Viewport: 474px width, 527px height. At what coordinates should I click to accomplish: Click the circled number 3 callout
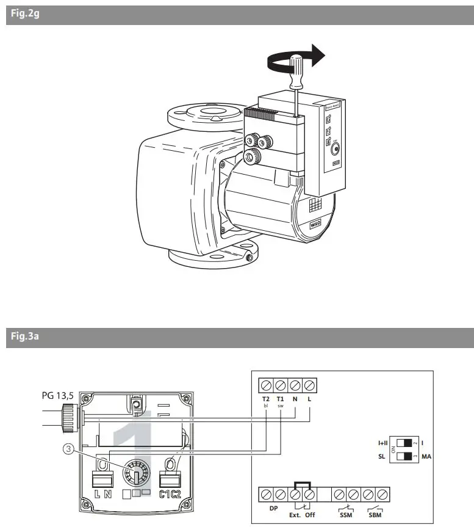coord(70,447)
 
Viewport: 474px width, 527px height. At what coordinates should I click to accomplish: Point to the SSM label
coord(345,515)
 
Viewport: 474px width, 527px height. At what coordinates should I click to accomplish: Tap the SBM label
coord(375,515)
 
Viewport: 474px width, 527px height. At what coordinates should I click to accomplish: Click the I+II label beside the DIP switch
coord(383,442)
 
